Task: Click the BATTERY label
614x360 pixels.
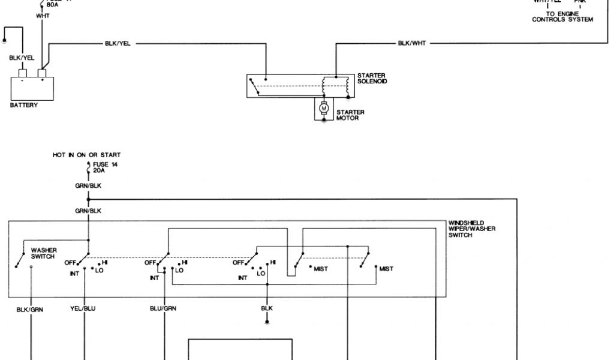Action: (x=24, y=105)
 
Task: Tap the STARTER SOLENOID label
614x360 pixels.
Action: (x=371, y=78)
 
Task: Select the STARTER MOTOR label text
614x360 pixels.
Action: (x=350, y=115)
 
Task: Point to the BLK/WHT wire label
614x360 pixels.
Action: (x=411, y=43)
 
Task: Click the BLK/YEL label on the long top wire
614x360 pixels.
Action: (x=118, y=43)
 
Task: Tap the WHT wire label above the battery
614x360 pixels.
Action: (x=43, y=16)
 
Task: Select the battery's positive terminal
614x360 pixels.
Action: (x=43, y=73)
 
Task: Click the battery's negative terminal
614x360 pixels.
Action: (x=23, y=73)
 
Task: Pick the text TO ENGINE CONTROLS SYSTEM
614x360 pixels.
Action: (x=562, y=17)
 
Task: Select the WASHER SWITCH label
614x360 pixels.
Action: (x=43, y=253)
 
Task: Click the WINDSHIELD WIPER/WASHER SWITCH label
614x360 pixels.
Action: (x=472, y=229)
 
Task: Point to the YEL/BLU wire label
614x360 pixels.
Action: (x=83, y=308)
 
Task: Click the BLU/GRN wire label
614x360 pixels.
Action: (x=163, y=308)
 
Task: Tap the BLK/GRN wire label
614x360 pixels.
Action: (x=30, y=309)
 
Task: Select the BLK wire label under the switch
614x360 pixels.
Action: (x=267, y=308)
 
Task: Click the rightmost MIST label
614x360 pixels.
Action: (x=386, y=269)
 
